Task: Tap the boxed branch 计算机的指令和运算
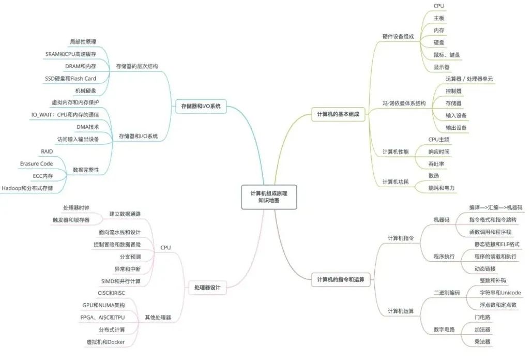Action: pos(340,280)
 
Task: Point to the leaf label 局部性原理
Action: pos(83,41)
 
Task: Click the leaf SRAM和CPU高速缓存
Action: pos(71,54)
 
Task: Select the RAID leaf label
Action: pos(47,151)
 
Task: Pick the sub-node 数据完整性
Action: pos(86,170)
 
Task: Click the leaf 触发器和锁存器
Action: pos(71,219)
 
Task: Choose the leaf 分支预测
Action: pos(127,257)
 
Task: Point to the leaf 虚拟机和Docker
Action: pos(105,342)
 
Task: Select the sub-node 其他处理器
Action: pos(158,317)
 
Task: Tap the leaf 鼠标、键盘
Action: pos(447,55)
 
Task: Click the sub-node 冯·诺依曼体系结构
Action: pos(404,103)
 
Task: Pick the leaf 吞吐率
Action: pos(436,164)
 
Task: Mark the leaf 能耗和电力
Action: pos(442,188)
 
